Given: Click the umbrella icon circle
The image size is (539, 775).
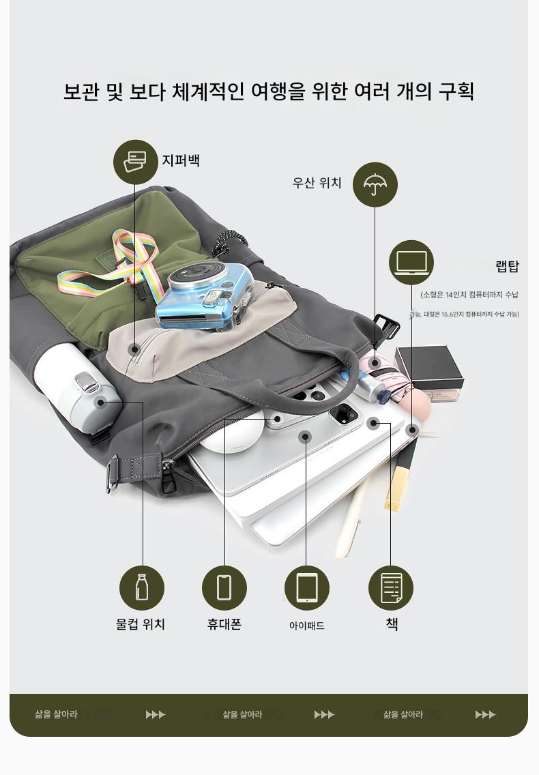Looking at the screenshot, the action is (375, 184).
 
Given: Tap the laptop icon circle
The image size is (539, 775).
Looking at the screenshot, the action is (411, 263).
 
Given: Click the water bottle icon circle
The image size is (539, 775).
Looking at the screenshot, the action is (142, 587).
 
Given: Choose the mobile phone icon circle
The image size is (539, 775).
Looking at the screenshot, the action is (224, 587).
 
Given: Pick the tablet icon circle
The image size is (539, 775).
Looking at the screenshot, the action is (306, 587).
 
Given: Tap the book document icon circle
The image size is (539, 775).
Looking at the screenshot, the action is (391, 587).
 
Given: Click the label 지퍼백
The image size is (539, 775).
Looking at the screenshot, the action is (181, 160).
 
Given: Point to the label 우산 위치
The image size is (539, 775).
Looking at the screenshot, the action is (317, 183).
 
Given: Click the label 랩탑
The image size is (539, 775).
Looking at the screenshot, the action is (508, 266).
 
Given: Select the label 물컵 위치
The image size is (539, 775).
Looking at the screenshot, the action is (141, 624).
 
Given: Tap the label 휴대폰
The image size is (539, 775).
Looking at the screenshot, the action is (224, 624).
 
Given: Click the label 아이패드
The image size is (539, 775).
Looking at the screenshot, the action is (306, 625).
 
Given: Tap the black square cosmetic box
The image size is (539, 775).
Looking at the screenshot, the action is (428, 368).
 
